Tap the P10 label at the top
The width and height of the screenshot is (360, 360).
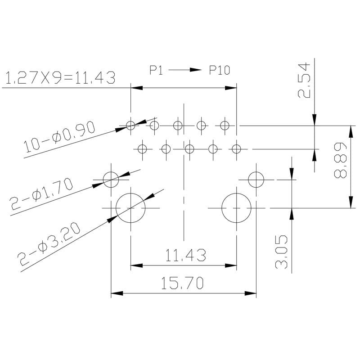pyautogui.click(x=220, y=70)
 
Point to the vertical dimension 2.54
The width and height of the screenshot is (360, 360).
pyautogui.click(x=304, y=81)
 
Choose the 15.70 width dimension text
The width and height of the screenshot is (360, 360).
pyautogui.click(x=184, y=283)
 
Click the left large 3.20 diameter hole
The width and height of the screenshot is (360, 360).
pyautogui.click(x=130, y=208)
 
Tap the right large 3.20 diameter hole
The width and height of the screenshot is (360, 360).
pyautogui.click(x=237, y=208)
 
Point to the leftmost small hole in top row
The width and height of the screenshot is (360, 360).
pyautogui.click(x=130, y=125)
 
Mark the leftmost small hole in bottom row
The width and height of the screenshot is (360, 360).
pyautogui.click(x=142, y=148)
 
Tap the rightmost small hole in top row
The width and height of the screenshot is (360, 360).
pyautogui.click(x=225, y=125)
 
